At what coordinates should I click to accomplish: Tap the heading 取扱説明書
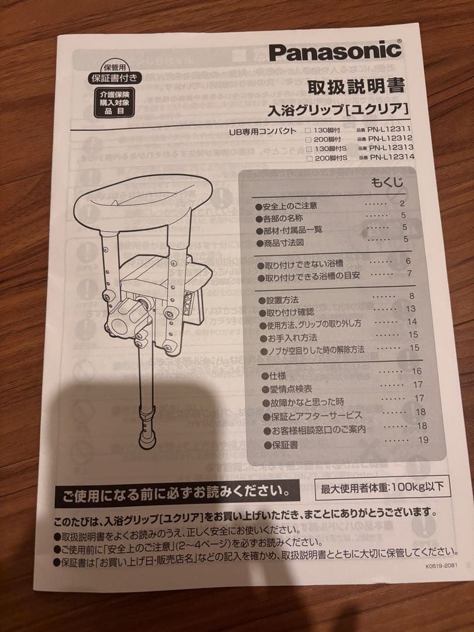[x=356, y=87]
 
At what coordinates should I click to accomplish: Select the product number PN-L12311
[x=391, y=130]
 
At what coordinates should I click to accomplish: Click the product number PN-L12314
[x=391, y=157]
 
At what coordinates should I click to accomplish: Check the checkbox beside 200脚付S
[x=308, y=158]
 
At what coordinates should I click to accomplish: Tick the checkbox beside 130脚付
[x=308, y=130]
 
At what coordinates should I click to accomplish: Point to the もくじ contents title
[x=387, y=183]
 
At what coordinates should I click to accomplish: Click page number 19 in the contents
[x=423, y=440]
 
